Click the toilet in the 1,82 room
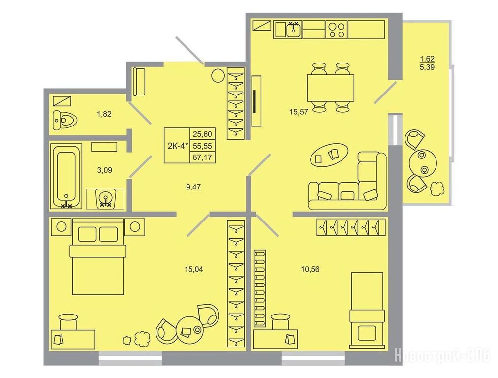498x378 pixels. [65, 120]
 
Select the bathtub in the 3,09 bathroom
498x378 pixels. [66, 176]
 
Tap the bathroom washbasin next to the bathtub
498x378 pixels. [105, 198]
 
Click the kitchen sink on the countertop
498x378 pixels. [293, 30]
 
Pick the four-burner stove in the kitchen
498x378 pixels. [337, 30]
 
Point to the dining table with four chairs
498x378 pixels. [330, 88]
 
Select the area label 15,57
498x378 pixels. [299, 112]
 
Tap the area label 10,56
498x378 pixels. [311, 269]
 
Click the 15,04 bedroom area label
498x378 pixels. [194, 269]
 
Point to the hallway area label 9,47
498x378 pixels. [193, 187]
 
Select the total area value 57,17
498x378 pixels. [202, 157]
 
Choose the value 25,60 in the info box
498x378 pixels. [202, 134]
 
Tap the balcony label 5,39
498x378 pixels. [427, 67]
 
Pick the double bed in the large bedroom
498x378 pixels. [98, 256]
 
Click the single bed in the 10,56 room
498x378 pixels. [367, 310]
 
